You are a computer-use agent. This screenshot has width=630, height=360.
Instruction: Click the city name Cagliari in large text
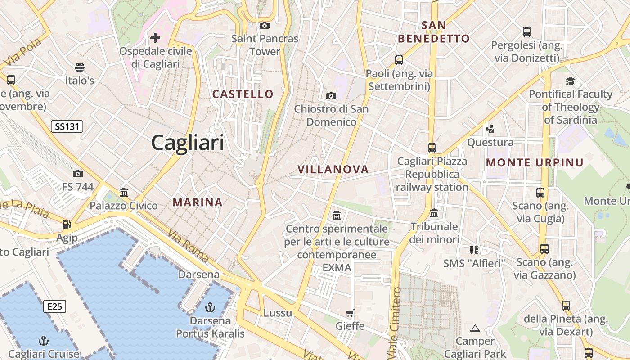(187, 143)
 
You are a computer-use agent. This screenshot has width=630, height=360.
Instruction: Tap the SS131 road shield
(67, 126)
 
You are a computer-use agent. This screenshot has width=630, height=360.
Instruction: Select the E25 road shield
(54, 306)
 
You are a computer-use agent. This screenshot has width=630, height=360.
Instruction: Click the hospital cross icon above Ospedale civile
(155, 38)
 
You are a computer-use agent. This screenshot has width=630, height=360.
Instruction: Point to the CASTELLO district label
(243, 94)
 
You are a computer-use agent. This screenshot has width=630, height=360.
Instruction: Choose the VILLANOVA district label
(333, 170)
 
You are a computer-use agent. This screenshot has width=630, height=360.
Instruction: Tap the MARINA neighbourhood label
(198, 202)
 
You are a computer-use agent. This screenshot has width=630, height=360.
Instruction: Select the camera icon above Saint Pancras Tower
(265, 25)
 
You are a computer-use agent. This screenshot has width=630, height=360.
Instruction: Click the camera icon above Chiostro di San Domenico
(331, 96)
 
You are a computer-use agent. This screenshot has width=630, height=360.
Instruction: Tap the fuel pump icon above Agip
(67, 224)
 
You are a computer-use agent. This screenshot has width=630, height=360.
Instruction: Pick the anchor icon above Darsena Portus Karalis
(210, 307)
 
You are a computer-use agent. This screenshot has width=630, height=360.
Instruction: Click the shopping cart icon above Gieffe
(350, 313)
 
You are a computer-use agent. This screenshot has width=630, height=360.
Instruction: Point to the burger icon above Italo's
(80, 67)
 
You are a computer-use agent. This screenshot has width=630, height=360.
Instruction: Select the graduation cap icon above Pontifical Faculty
(570, 81)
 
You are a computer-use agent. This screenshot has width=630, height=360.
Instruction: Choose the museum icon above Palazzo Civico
(124, 193)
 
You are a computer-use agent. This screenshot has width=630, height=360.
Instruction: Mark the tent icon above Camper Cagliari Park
(475, 328)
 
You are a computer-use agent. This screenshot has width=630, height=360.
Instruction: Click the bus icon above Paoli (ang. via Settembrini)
(399, 60)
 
